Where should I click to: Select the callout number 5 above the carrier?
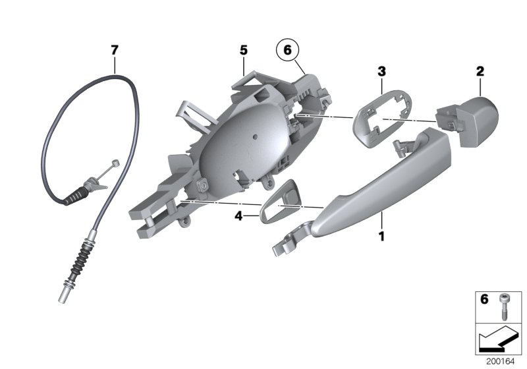pos(243,49)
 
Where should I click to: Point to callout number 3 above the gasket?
pos(381,70)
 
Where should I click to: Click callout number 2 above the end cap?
pos(480,70)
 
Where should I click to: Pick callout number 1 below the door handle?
pos(381,234)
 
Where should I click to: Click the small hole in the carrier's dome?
pos(255,138)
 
